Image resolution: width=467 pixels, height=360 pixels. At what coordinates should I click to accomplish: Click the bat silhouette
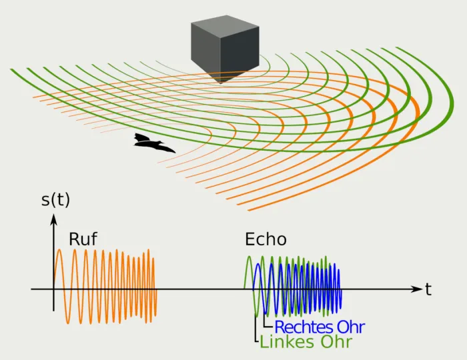pos(152,143)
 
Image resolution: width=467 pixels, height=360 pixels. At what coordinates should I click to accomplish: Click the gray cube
pos(225,49)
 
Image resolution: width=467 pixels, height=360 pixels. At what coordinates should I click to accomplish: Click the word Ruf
pos(83,239)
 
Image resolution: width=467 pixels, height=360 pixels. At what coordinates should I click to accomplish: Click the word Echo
pos(266,239)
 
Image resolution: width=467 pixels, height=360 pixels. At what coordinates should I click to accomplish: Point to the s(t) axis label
pos(55,199)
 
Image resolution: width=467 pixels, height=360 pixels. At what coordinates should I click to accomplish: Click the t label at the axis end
pos(428,289)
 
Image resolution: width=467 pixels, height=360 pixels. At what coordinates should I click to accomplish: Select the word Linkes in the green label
pos(287,342)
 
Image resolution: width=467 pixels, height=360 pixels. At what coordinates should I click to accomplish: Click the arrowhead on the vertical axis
pos(53,219)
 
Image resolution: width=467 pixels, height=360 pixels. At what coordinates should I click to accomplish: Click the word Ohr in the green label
pos(337,342)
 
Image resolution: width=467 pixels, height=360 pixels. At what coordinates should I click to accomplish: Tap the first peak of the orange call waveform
pos(59,250)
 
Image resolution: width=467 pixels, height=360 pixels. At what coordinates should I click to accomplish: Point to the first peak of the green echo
pos(249,257)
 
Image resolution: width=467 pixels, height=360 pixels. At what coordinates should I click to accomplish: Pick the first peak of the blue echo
pos(258,265)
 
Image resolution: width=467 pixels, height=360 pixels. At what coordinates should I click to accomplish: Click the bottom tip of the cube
pos(220,83)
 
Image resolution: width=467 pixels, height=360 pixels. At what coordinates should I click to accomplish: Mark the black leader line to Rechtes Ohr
pos(264,321)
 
